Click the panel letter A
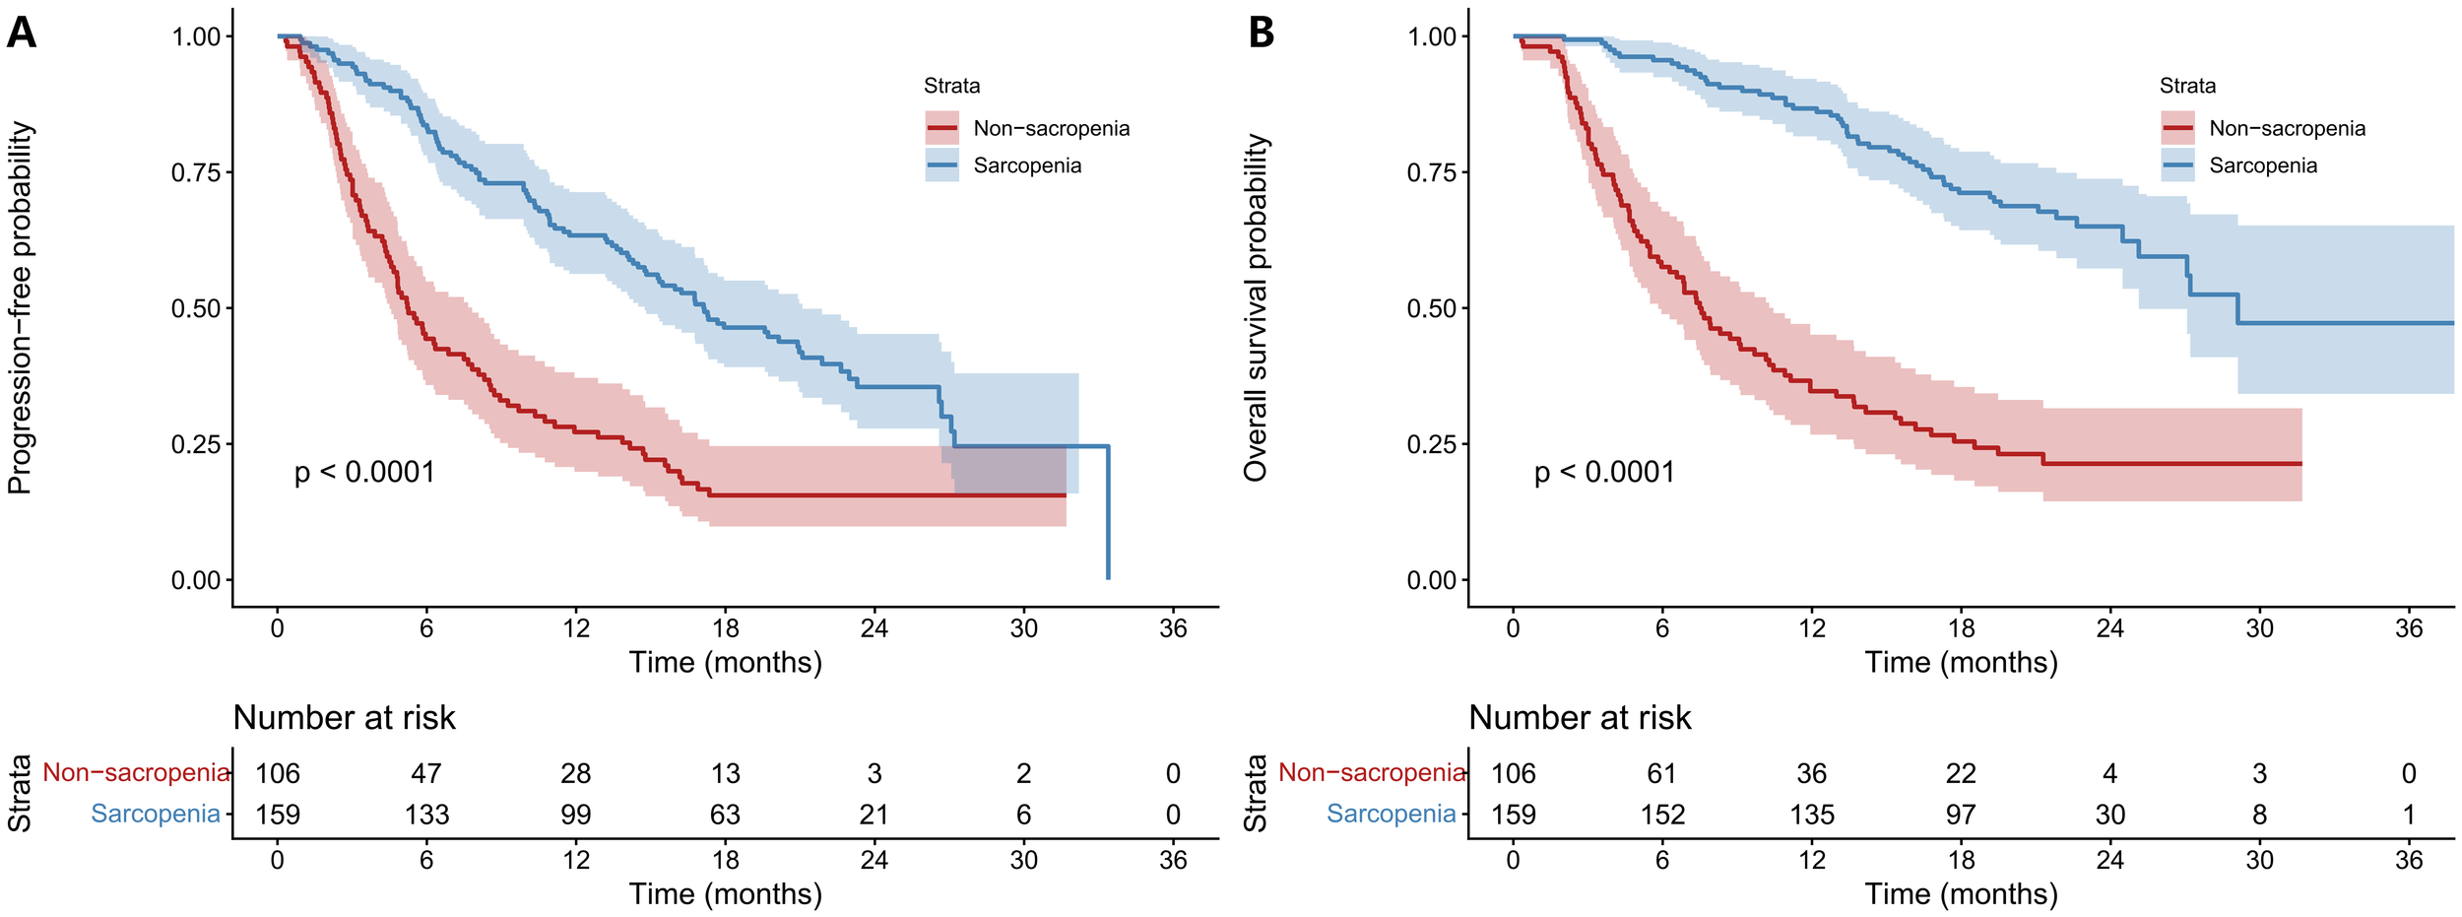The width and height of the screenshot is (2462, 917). [21, 33]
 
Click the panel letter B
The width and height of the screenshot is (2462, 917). [1261, 33]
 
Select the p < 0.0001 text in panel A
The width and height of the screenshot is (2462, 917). [364, 472]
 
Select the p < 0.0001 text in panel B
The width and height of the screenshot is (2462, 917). [1604, 472]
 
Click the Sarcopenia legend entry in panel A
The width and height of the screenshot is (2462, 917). [1026, 165]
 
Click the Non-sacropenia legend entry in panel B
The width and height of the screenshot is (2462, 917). [2286, 128]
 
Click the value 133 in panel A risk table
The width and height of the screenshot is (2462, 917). [426, 815]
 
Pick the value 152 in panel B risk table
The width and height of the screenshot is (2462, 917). [1662, 815]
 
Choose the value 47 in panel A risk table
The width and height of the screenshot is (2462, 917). [426, 773]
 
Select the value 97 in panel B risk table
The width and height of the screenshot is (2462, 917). [1961, 815]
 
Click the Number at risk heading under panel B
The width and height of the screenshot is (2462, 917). [1580, 718]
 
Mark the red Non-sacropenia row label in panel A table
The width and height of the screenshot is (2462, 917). [136, 773]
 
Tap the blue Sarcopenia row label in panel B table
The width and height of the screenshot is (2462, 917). [1391, 814]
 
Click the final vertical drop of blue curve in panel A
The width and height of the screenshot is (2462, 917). [1108, 512]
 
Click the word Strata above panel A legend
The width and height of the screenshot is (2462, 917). [951, 86]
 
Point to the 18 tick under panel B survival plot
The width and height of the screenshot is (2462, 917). [1961, 628]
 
